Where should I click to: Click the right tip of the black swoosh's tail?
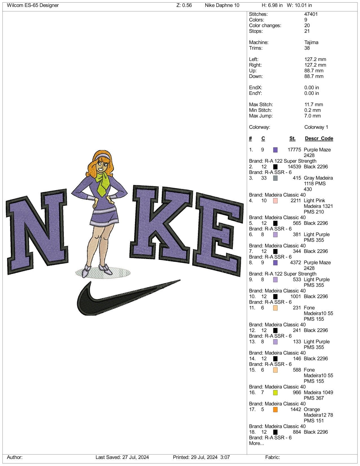click(180, 280)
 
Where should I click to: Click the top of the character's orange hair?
click(102, 151)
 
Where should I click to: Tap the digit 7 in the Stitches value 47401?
click(308, 14)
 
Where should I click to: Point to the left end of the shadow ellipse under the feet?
click(76, 273)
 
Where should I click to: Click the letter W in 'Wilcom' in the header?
click(9, 5)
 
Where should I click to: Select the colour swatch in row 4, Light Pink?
click(275, 201)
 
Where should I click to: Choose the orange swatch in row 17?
click(275, 410)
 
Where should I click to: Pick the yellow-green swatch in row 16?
click(275, 393)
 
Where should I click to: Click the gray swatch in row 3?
click(275, 178)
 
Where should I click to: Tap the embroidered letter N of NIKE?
click(37, 232)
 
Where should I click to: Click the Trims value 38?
click(307, 48)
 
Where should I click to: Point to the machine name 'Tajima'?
click(311, 42)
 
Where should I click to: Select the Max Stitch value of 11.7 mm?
click(314, 104)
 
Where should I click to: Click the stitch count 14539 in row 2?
click(294, 167)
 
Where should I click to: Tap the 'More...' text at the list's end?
click(256, 443)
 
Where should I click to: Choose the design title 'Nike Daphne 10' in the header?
click(222, 5)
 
